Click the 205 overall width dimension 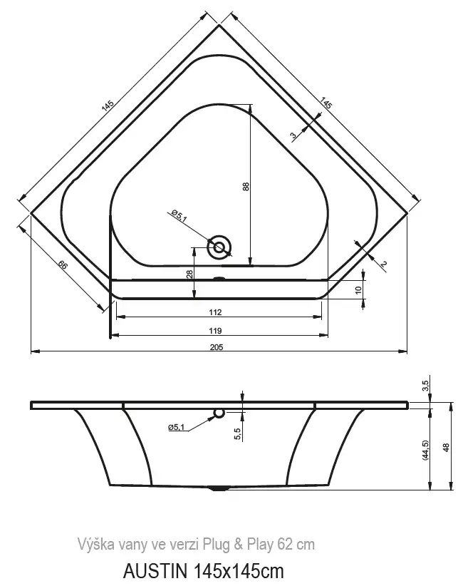217,347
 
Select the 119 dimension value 215,331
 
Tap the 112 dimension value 215,312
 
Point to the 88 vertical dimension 246,186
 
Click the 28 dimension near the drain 189,274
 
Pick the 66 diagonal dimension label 63,265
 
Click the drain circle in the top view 219,247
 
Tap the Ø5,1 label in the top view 179,215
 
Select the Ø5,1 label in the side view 176,427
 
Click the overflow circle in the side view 219,413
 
